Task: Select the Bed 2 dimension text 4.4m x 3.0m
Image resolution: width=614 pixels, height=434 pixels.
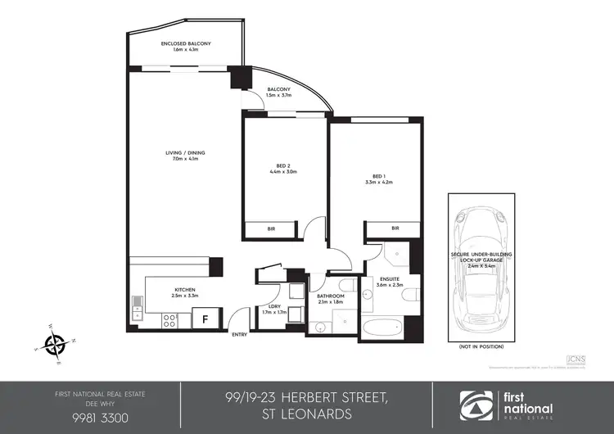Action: point(282,173)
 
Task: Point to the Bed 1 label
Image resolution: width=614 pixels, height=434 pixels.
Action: point(377,176)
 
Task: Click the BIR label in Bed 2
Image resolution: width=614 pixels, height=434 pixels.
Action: point(271,229)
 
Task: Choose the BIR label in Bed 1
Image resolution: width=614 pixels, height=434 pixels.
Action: point(395,228)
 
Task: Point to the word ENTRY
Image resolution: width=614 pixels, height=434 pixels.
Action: point(240,335)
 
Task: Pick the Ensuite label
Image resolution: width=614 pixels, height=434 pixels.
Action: point(390,279)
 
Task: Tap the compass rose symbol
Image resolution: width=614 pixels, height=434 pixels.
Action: point(56,344)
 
